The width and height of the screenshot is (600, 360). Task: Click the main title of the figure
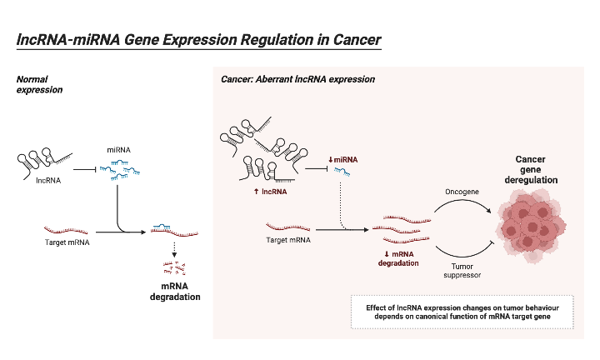(x=198, y=40)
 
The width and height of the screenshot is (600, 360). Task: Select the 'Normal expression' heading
(x=39, y=83)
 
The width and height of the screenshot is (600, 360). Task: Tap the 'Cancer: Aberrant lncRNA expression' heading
(x=297, y=79)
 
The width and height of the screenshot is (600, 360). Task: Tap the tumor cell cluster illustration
(x=530, y=224)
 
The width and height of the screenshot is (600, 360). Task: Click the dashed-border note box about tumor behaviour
(x=463, y=312)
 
